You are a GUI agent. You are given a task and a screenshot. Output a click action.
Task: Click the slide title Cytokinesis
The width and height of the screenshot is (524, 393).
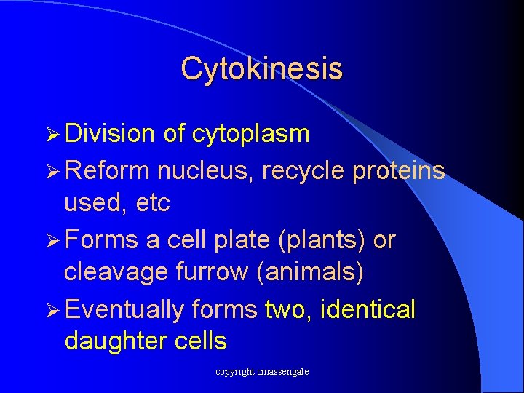pyautogui.click(x=261, y=68)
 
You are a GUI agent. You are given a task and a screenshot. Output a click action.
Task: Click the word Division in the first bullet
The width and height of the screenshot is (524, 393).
pyautogui.click(x=110, y=133)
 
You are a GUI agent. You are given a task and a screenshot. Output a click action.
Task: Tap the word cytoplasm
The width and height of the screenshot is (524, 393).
pyautogui.click(x=251, y=134)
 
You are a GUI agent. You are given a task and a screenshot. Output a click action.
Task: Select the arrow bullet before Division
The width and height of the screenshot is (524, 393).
pyautogui.click(x=51, y=134)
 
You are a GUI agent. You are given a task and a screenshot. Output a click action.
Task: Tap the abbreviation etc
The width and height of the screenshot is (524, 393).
pyautogui.click(x=152, y=203)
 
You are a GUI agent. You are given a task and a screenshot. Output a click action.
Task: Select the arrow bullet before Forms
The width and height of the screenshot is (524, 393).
pyautogui.click(x=51, y=239)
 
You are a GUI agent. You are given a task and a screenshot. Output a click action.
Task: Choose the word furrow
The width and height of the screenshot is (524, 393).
pyautogui.click(x=201, y=273)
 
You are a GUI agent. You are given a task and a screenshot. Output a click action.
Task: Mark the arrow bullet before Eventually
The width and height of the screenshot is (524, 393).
pyautogui.click(x=51, y=309)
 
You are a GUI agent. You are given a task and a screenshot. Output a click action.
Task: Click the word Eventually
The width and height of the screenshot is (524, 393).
pyautogui.click(x=124, y=309)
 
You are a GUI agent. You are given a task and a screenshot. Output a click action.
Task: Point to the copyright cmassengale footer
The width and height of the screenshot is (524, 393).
pyautogui.click(x=262, y=372)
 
